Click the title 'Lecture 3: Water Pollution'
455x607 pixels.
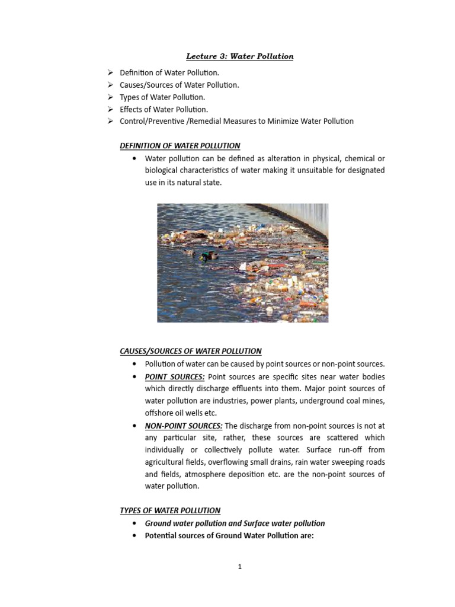pos(240,56)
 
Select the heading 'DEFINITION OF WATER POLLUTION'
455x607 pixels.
pos(180,146)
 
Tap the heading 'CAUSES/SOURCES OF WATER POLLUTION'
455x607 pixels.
pos(191,351)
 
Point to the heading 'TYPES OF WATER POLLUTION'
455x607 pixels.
pos(170,510)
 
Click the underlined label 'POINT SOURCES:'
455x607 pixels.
pos(175,376)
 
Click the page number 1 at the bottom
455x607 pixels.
pos(240,567)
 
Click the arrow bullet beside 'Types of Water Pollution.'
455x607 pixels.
pos(110,97)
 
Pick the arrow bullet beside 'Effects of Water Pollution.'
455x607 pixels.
pos(110,109)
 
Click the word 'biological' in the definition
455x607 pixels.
pos(164,171)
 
